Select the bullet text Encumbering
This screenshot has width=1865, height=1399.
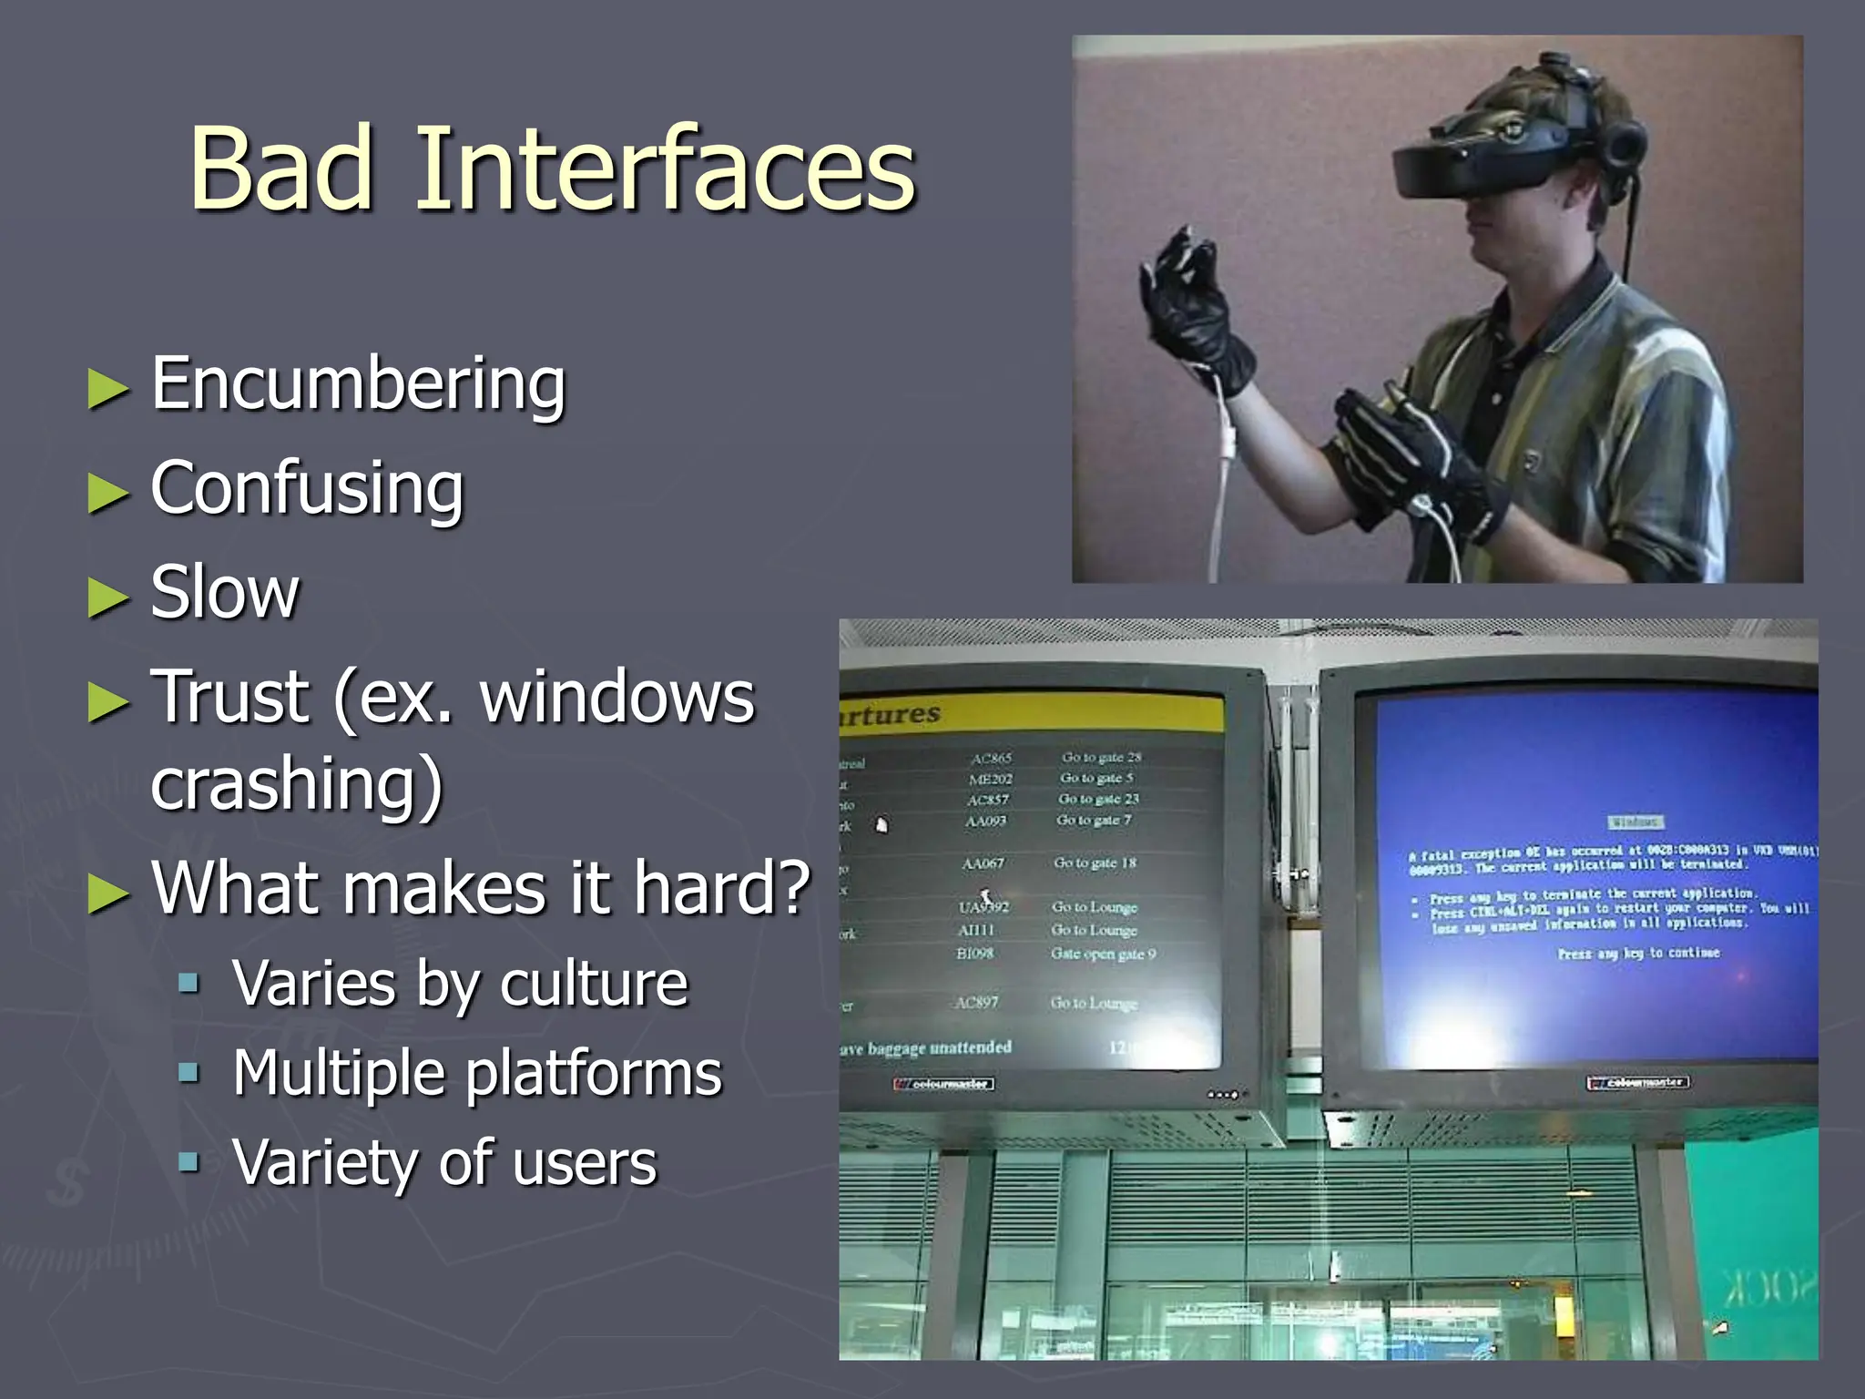point(358,384)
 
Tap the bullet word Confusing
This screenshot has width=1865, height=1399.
point(307,489)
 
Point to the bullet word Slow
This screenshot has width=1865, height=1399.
point(224,593)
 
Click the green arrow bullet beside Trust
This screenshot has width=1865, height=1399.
point(108,703)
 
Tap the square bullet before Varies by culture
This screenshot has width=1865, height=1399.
point(189,984)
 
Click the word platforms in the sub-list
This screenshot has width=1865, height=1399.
point(594,1073)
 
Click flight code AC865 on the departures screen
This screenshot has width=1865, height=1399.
point(991,758)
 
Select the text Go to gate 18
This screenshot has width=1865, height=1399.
point(1095,863)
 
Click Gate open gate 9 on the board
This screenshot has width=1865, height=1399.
point(1103,954)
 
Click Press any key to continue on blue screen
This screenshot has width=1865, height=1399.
point(1638,954)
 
